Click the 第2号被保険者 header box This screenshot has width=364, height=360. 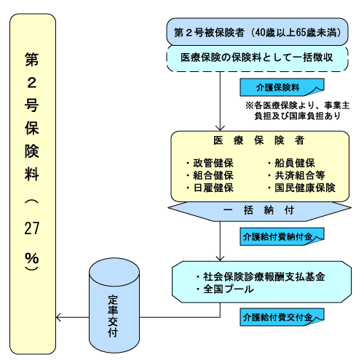click(x=257, y=32)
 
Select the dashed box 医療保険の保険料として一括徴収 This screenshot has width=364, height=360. click(x=257, y=58)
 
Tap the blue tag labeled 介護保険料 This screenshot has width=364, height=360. click(x=282, y=87)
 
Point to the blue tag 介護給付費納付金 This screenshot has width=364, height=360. click(x=282, y=236)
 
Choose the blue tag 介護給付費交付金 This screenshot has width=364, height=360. click(x=282, y=317)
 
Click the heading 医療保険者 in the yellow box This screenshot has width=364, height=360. click(x=259, y=140)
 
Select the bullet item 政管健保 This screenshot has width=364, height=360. click(x=210, y=163)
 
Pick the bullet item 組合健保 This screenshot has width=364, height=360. click(x=210, y=175)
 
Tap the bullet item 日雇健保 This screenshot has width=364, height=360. click(x=210, y=188)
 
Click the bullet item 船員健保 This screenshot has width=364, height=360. click(x=291, y=163)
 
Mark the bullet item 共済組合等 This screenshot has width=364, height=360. click(x=296, y=175)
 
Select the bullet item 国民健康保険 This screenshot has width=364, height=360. click(x=301, y=188)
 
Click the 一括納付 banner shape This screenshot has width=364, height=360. click(x=259, y=212)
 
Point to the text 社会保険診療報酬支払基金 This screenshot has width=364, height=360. click(x=261, y=276)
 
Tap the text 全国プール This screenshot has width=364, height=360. click(x=225, y=289)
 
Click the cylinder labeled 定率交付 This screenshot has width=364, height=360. click(x=114, y=305)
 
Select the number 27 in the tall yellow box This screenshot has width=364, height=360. click(x=32, y=228)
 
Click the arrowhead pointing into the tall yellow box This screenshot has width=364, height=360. click(x=58, y=317)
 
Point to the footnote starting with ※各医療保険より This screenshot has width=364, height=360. click(x=298, y=111)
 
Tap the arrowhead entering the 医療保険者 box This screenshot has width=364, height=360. click(x=220, y=129)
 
